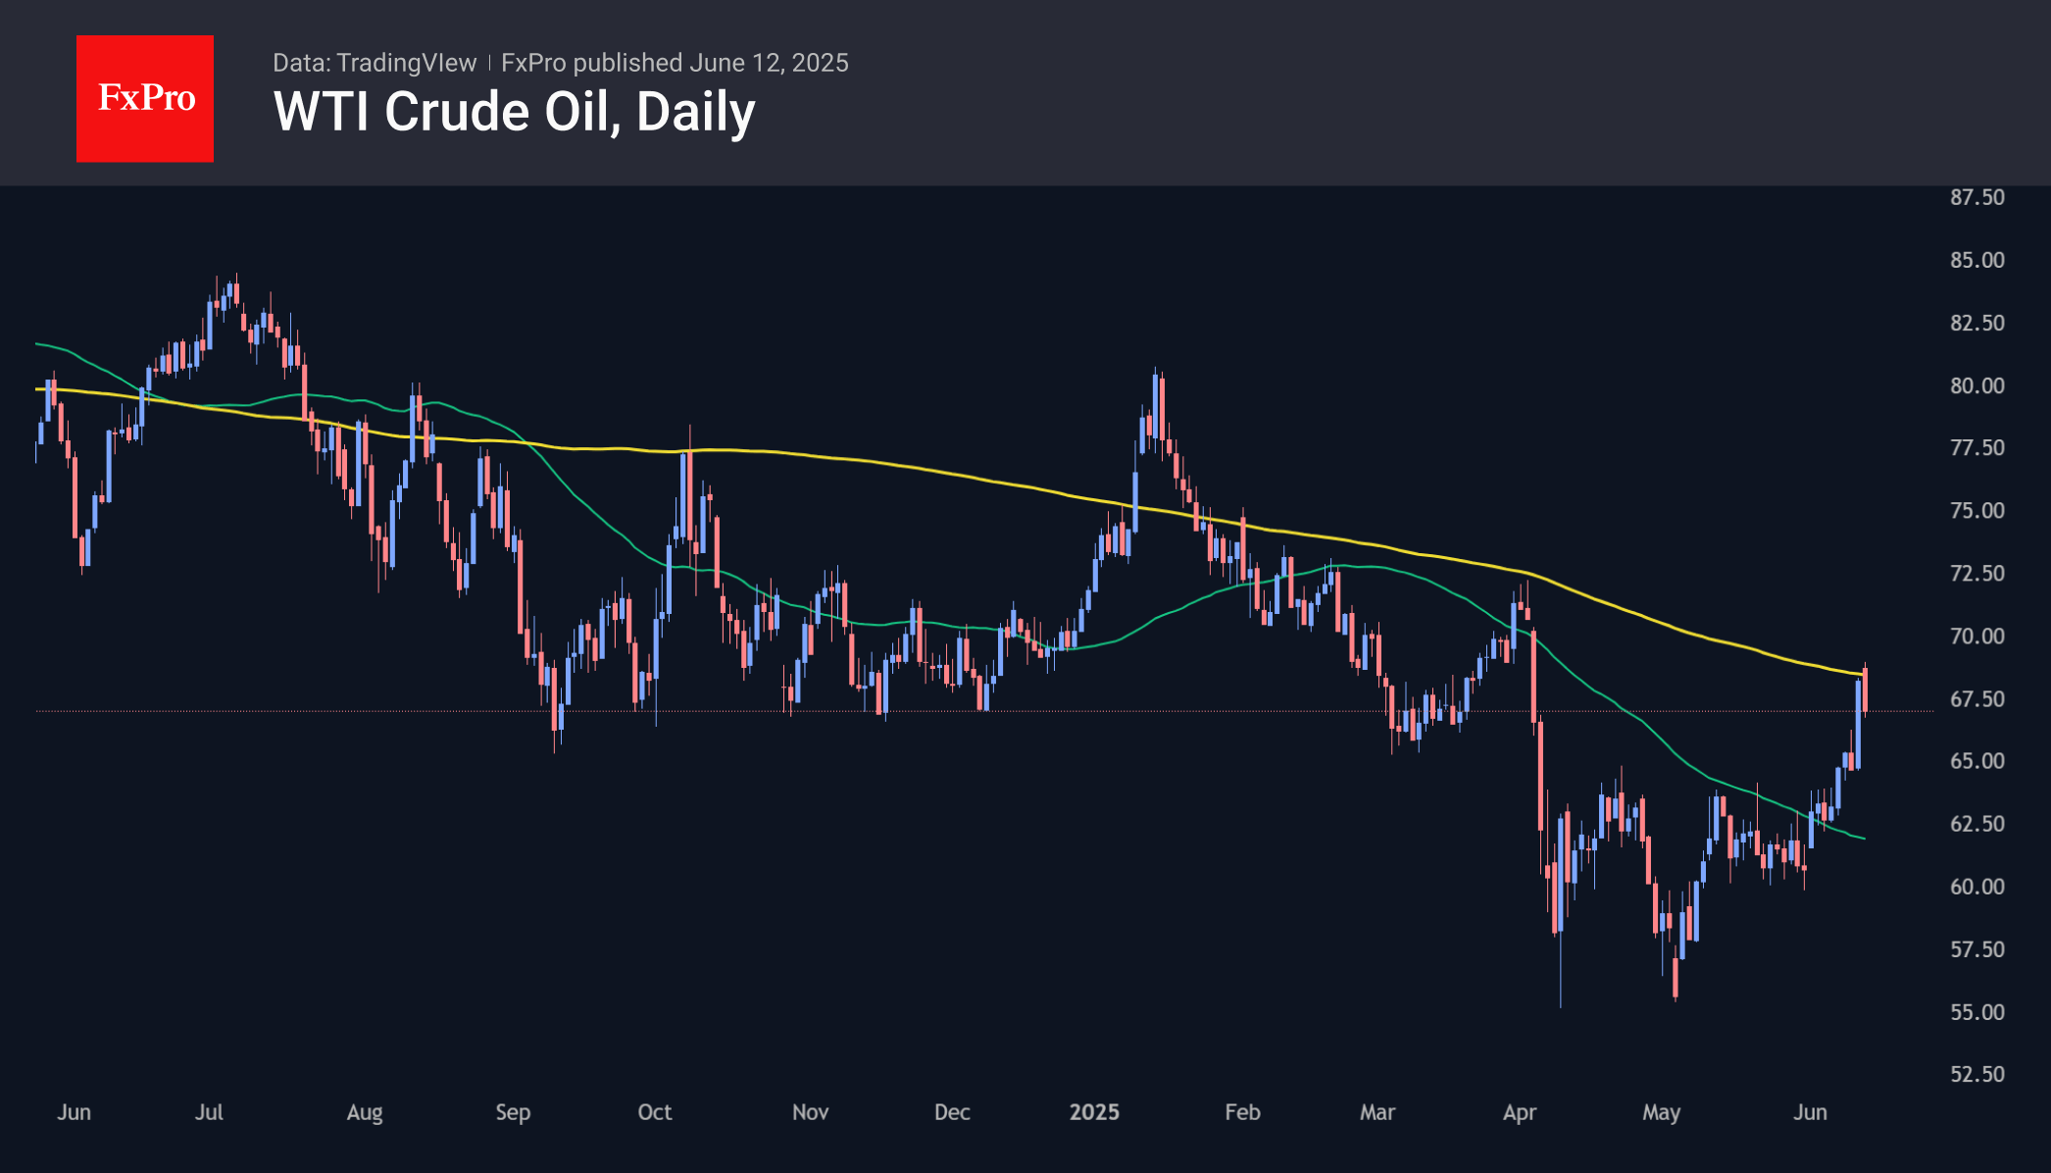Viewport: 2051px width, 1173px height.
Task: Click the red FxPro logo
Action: click(145, 99)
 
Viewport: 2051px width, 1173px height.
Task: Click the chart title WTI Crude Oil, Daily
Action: click(514, 112)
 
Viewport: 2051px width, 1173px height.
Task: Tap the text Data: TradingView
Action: click(375, 63)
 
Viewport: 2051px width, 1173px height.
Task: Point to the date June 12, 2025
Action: click(769, 63)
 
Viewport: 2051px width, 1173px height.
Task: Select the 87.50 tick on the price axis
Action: click(1976, 197)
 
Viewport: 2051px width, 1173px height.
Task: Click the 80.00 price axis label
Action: click(1976, 385)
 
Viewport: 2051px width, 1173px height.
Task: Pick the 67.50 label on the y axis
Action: click(1976, 699)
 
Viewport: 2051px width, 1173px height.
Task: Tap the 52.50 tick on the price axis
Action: click(1976, 1074)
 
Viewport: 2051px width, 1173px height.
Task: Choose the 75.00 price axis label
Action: click(1976, 510)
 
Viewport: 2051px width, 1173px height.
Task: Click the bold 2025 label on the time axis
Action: click(1094, 1112)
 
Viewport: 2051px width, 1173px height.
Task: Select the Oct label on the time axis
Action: click(655, 1112)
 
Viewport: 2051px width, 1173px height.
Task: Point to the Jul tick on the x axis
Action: click(209, 1112)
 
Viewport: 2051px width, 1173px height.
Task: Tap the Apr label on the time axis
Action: click(1520, 1112)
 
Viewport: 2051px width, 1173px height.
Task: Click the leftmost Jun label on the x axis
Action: click(74, 1112)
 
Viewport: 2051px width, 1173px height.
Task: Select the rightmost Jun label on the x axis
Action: click(1810, 1112)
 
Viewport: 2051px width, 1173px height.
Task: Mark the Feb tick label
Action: click(1242, 1112)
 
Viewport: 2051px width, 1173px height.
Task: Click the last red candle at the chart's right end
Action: click(1865, 690)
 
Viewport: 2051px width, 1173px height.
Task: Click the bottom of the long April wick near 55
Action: click(1560, 1005)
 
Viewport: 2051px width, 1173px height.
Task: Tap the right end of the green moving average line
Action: click(1864, 839)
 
